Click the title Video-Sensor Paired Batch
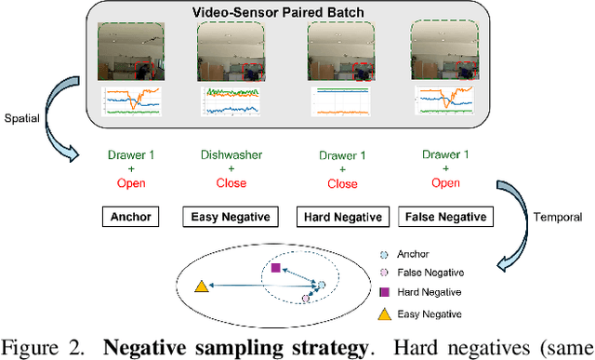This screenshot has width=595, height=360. (289, 13)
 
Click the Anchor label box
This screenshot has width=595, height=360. (129, 217)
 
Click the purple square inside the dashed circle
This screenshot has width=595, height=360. (275, 268)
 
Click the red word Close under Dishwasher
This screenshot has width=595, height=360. (228, 183)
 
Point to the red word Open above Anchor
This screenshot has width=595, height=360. (129, 183)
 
